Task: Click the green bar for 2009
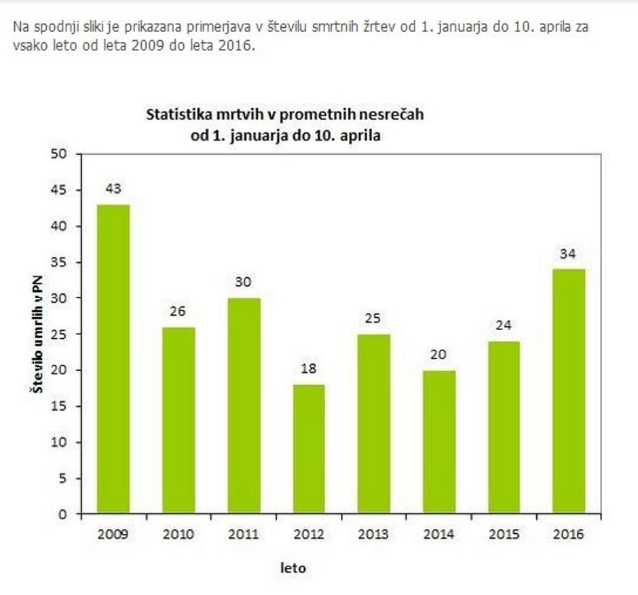click(x=113, y=359)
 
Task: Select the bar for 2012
click(x=308, y=449)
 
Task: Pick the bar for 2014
click(x=438, y=441)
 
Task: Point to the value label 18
click(x=308, y=369)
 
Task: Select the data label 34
click(x=568, y=254)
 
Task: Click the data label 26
click(x=179, y=312)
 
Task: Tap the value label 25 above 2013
click(x=373, y=319)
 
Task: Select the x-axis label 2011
click(x=243, y=535)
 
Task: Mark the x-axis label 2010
click(x=179, y=535)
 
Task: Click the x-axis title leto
click(x=293, y=567)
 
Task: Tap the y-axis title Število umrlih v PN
click(x=35, y=333)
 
